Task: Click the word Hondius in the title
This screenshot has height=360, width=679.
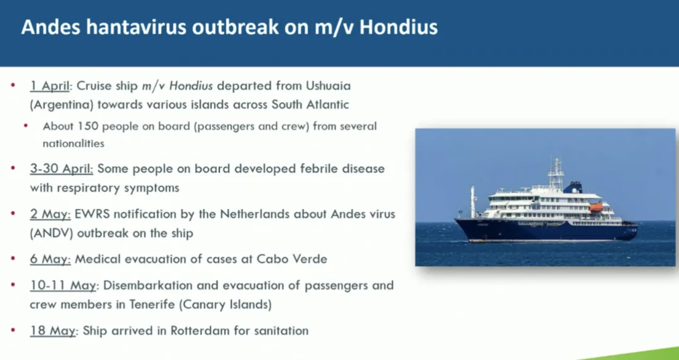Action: click(398, 27)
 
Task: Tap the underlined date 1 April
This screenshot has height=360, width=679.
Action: click(50, 86)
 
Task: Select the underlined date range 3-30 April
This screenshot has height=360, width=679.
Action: click(61, 169)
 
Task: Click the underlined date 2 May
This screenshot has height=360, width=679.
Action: click(50, 214)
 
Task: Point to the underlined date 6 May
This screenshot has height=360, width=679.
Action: click(50, 259)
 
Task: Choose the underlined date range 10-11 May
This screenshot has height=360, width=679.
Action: click(63, 285)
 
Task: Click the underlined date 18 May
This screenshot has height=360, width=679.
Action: click(53, 330)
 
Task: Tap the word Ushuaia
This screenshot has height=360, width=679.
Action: click(328, 86)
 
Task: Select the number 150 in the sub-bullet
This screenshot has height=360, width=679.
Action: click(88, 126)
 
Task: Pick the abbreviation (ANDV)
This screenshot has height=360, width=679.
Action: click(52, 233)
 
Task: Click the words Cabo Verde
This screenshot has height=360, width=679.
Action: click(292, 259)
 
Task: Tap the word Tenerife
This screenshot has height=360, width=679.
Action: click(152, 304)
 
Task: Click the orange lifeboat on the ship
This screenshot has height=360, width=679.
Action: click(596, 208)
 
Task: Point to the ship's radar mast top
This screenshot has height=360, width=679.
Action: click(557, 161)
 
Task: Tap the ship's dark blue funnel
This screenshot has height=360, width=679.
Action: click(573, 188)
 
